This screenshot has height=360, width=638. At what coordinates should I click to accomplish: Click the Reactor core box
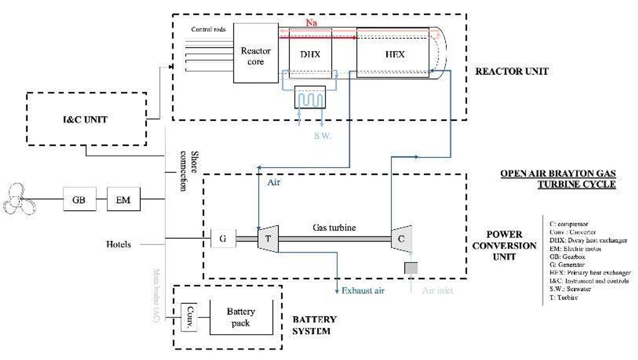256,53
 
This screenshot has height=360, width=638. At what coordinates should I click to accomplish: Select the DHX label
310,54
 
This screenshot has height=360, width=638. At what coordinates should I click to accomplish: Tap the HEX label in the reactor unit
395,54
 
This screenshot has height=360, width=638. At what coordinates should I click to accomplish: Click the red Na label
311,23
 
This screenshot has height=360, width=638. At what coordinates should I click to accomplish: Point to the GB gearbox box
79,199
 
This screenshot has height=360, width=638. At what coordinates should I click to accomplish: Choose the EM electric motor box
123,199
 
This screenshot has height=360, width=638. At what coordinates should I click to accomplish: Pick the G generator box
223,238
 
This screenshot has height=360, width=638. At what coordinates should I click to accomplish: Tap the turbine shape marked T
268,239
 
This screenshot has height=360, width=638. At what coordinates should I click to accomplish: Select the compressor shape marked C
401,239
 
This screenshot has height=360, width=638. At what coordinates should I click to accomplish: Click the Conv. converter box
189,317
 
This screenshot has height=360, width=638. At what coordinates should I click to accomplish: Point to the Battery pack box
241,317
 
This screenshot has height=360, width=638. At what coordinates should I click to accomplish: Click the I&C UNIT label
85,120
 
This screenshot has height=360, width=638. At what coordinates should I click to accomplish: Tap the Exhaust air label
363,291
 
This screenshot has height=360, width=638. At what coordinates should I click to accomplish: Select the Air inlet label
438,291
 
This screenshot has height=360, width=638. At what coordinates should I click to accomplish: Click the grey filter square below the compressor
411,268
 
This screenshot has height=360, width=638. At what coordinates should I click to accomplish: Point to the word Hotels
118,244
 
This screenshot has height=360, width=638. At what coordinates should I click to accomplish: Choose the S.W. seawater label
323,135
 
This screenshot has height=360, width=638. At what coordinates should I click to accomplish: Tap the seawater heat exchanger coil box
310,97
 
